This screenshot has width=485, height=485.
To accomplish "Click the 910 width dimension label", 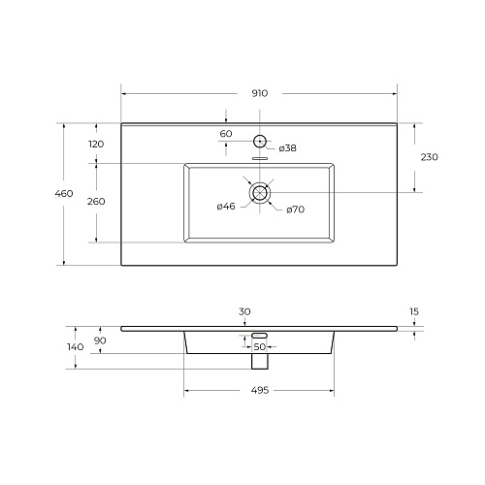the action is pyautogui.click(x=260, y=93).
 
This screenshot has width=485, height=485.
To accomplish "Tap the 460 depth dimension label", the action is pyautogui.click(x=64, y=193).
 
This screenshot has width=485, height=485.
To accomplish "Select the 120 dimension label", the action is pyautogui.click(x=96, y=144).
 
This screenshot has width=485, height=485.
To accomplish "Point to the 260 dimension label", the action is pyautogui.click(x=96, y=202).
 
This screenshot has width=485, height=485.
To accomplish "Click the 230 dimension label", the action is pyautogui.click(x=430, y=157).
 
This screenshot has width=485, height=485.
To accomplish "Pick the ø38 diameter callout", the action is pyautogui.click(x=287, y=148).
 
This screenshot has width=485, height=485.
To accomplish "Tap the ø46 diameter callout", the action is pyautogui.click(x=226, y=206).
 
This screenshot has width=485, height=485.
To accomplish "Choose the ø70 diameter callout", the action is pyautogui.click(x=296, y=210).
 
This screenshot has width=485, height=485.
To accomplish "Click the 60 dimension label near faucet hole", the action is pyautogui.click(x=226, y=134).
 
